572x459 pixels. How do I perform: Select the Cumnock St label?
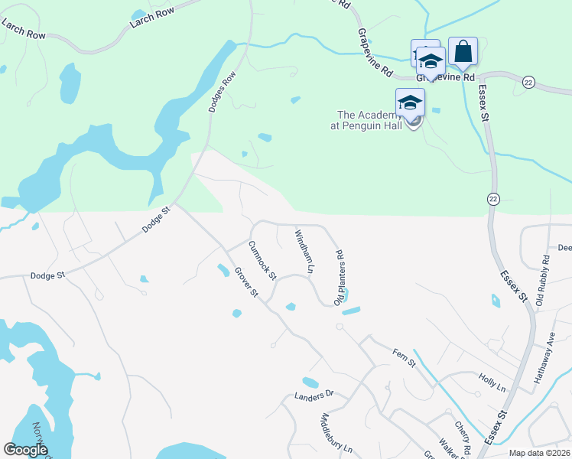pyautogui.click(x=262, y=260)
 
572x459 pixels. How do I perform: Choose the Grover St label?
pyautogui.click(x=246, y=282)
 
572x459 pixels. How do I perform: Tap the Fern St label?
pyautogui.click(x=404, y=356)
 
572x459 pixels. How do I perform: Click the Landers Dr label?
pyautogui.click(x=314, y=396)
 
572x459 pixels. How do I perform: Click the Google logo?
pyautogui.click(x=26, y=450)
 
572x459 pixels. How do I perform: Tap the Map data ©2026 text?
pyautogui.click(x=539, y=453)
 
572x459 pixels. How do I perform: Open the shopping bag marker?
pyautogui.click(x=463, y=51)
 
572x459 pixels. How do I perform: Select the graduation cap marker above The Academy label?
pyautogui.click(x=410, y=103)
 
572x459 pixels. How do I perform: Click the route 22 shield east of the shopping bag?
pyautogui.click(x=528, y=81)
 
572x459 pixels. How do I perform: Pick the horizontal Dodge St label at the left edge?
pyautogui.click(x=44, y=275)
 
